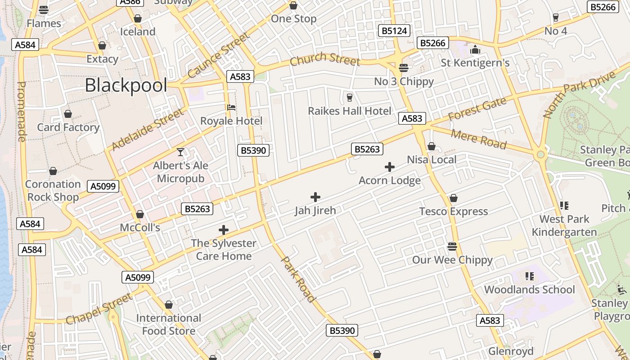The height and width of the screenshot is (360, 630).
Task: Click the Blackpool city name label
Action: (x=126, y=85)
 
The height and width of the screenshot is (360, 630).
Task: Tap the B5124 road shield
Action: (x=394, y=31)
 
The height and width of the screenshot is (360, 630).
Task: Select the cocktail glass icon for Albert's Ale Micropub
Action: (x=180, y=152)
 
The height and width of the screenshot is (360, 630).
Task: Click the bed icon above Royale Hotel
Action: (x=231, y=108)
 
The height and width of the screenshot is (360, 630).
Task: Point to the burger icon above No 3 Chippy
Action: (x=404, y=68)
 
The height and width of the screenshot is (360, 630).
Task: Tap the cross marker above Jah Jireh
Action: (x=315, y=197)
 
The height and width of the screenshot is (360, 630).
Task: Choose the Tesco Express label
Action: (x=453, y=211)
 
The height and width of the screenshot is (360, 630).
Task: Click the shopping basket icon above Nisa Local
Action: (x=431, y=146)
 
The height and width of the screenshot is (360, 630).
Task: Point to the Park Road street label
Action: (x=297, y=279)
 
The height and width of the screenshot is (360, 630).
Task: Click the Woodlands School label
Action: (x=529, y=289)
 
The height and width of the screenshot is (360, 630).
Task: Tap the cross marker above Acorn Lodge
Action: (x=390, y=167)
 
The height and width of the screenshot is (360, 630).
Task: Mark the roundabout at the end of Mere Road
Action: (x=540, y=155)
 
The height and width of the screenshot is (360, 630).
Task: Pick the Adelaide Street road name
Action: (x=148, y=129)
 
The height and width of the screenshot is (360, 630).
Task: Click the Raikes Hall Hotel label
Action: (x=349, y=111)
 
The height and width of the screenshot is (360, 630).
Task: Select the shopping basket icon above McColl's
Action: (x=140, y=214)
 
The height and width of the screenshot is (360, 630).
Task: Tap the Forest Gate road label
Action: (x=477, y=109)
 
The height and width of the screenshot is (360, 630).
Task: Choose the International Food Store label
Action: (x=169, y=324)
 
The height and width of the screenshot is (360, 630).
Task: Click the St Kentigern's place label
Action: (x=475, y=63)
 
